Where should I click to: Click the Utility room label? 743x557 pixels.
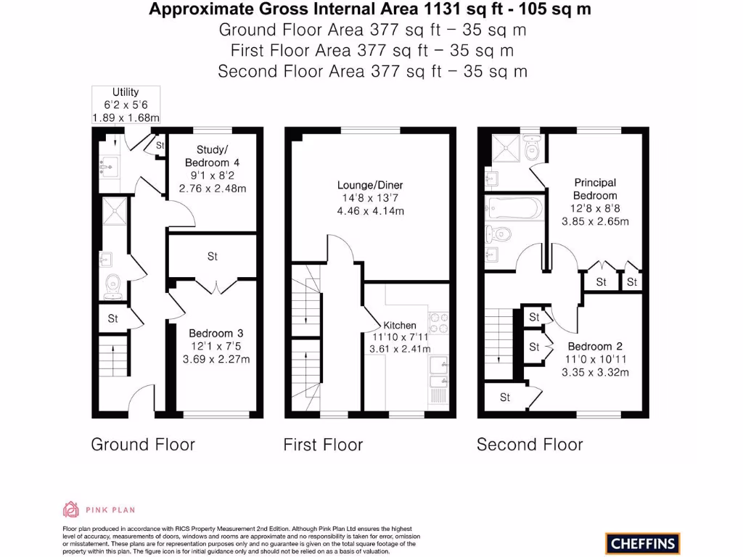[126, 92]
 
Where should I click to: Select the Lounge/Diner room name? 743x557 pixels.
[370, 186]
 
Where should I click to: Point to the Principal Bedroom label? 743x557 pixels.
[595, 189]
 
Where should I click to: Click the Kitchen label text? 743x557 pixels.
[400, 326]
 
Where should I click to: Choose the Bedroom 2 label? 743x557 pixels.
[595, 347]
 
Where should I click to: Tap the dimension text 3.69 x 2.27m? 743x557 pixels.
[215, 359]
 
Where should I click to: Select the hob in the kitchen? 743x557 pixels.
[439, 321]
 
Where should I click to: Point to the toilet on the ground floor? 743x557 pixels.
[113, 286]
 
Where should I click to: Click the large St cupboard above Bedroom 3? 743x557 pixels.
[213, 257]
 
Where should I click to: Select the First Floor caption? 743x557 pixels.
[323, 445]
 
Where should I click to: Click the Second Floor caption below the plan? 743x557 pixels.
[530, 445]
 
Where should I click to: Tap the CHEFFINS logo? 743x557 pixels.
[642, 543]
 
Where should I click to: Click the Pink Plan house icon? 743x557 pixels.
[70, 509]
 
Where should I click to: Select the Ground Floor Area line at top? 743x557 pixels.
[372, 30]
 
